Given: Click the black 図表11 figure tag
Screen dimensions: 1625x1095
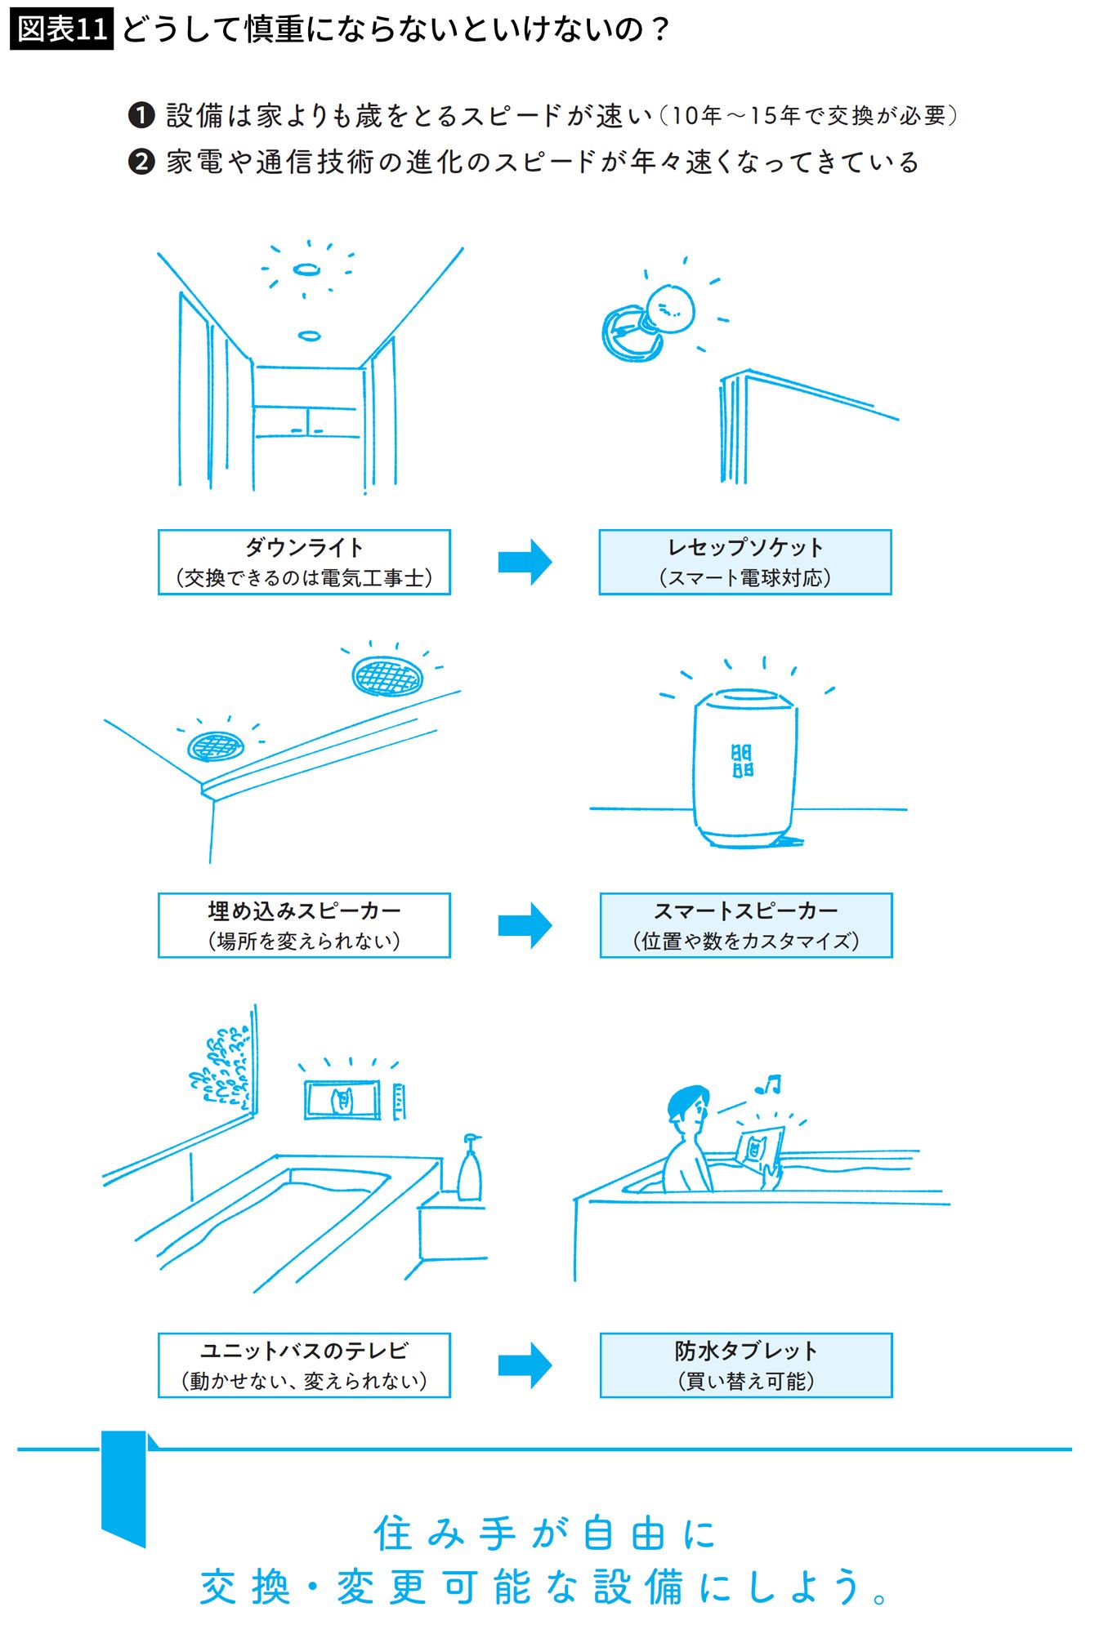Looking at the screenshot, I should point(62,30).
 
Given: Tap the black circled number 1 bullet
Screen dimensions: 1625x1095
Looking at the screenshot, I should point(141,115).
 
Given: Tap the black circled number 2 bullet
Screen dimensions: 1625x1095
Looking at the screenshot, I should point(141,162).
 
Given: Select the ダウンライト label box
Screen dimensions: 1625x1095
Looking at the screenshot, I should point(304,562).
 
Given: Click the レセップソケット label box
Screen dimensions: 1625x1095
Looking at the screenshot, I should point(744,562).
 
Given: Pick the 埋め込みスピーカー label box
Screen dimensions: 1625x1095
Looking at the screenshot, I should point(304,924).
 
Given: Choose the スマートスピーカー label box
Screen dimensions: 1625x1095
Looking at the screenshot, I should point(745,924).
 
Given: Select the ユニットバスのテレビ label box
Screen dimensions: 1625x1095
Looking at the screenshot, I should point(304,1365).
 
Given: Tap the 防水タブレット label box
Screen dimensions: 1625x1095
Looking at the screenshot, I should point(745,1365).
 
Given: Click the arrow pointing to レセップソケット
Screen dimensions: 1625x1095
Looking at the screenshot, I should point(525,562).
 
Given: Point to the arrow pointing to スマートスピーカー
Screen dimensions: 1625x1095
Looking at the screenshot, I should point(525,924).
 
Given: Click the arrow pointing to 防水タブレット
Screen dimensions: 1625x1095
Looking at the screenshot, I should point(525,1365).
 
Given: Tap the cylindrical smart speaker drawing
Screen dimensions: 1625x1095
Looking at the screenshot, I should point(744,768).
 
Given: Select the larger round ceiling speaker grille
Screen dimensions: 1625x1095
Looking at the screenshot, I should point(389,675).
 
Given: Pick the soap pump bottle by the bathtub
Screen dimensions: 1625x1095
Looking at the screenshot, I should point(470,1169).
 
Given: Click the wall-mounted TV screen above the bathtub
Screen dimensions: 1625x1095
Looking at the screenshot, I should point(342,1100).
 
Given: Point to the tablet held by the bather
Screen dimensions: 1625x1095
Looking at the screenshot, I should point(760,1148).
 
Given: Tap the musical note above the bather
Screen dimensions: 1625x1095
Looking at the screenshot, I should point(769,1084).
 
